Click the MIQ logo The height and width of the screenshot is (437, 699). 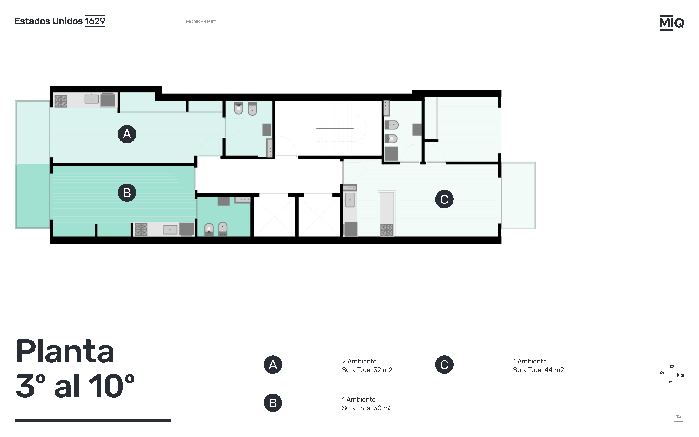672,23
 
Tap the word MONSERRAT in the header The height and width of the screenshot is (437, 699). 201,22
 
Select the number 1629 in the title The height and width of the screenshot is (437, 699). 95,21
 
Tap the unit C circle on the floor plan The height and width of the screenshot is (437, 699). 444,199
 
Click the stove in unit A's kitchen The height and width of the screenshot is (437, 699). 61,101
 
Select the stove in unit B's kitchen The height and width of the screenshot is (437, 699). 141,230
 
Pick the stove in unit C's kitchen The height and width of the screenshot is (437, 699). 387,230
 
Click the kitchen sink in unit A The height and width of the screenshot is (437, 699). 91,99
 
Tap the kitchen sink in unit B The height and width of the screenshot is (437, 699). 170,230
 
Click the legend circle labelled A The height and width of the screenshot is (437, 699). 273,365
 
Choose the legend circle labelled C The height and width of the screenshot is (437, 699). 444,365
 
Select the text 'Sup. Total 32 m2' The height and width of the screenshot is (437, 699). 367,370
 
